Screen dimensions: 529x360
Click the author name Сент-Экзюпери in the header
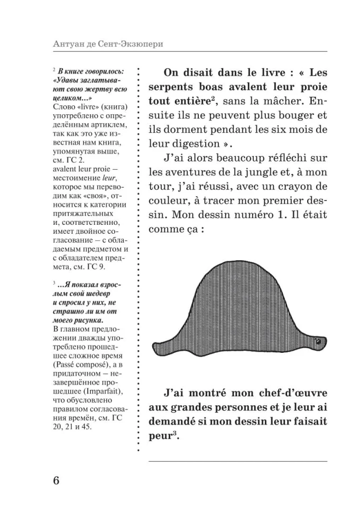click(x=132, y=43)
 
